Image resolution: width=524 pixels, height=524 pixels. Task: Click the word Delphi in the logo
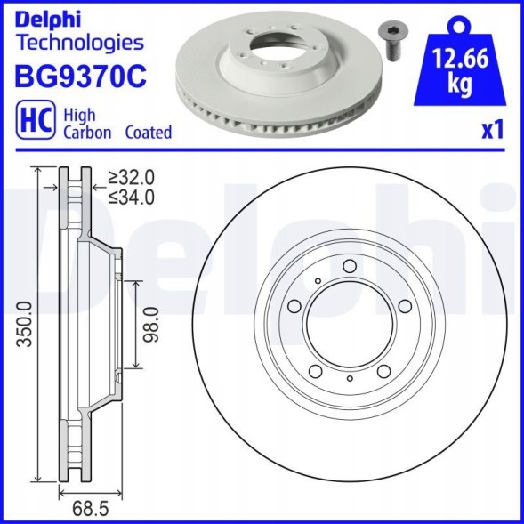pyautogui.click(x=46, y=18)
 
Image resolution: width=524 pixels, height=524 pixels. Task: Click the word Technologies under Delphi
pyautogui.click(x=80, y=42)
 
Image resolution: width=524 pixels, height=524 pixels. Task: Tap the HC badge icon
pyautogui.click(x=34, y=123)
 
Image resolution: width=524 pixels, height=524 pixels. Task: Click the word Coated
pyautogui.click(x=148, y=132)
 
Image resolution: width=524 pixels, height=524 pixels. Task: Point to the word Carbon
pyautogui.click(x=87, y=132)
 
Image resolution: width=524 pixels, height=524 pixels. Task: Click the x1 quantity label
pyautogui.click(x=492, y=130)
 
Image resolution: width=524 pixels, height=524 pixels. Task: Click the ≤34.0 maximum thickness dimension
pyautogui.click(x=131, y=196)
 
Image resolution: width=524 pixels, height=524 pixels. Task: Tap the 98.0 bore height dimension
pyautogui.click(x=150, y=323)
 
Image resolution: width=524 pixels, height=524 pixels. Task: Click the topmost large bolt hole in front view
pyautogui.click(x=349, y=266)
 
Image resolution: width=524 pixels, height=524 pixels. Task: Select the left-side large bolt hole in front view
pyautogui.click(x=294, y=305)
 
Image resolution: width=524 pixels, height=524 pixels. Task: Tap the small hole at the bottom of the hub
pyautogui.click(x=350, y=379)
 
